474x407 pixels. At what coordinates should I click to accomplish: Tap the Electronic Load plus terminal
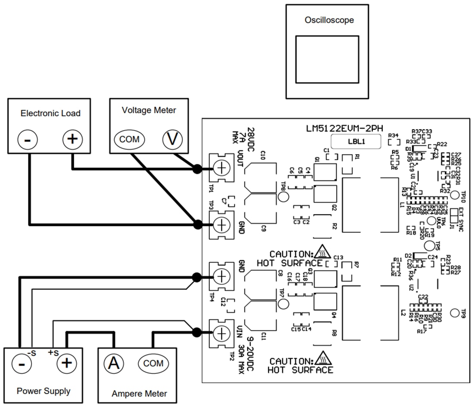pos(72,139)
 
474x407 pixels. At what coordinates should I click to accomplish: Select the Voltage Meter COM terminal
pos(129,139)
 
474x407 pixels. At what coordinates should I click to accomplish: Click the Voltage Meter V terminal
pos(172,139)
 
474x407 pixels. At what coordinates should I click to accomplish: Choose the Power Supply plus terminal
pos(66,363)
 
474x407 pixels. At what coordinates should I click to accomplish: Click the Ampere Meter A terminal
pos(114,364)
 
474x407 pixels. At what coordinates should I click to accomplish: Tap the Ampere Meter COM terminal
pos(153,364)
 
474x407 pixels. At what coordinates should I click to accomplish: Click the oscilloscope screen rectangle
pos(327,59)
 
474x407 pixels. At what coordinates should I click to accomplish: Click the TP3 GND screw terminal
pos(221,224)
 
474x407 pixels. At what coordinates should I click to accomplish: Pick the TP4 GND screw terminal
pos(221,276)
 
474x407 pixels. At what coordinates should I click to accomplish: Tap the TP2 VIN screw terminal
pos(221,332)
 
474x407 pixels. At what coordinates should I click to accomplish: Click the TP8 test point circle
pos(284,197)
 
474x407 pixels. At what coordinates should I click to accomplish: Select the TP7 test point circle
pos(284,304)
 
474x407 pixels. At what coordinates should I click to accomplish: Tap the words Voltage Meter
pos(149,110)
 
